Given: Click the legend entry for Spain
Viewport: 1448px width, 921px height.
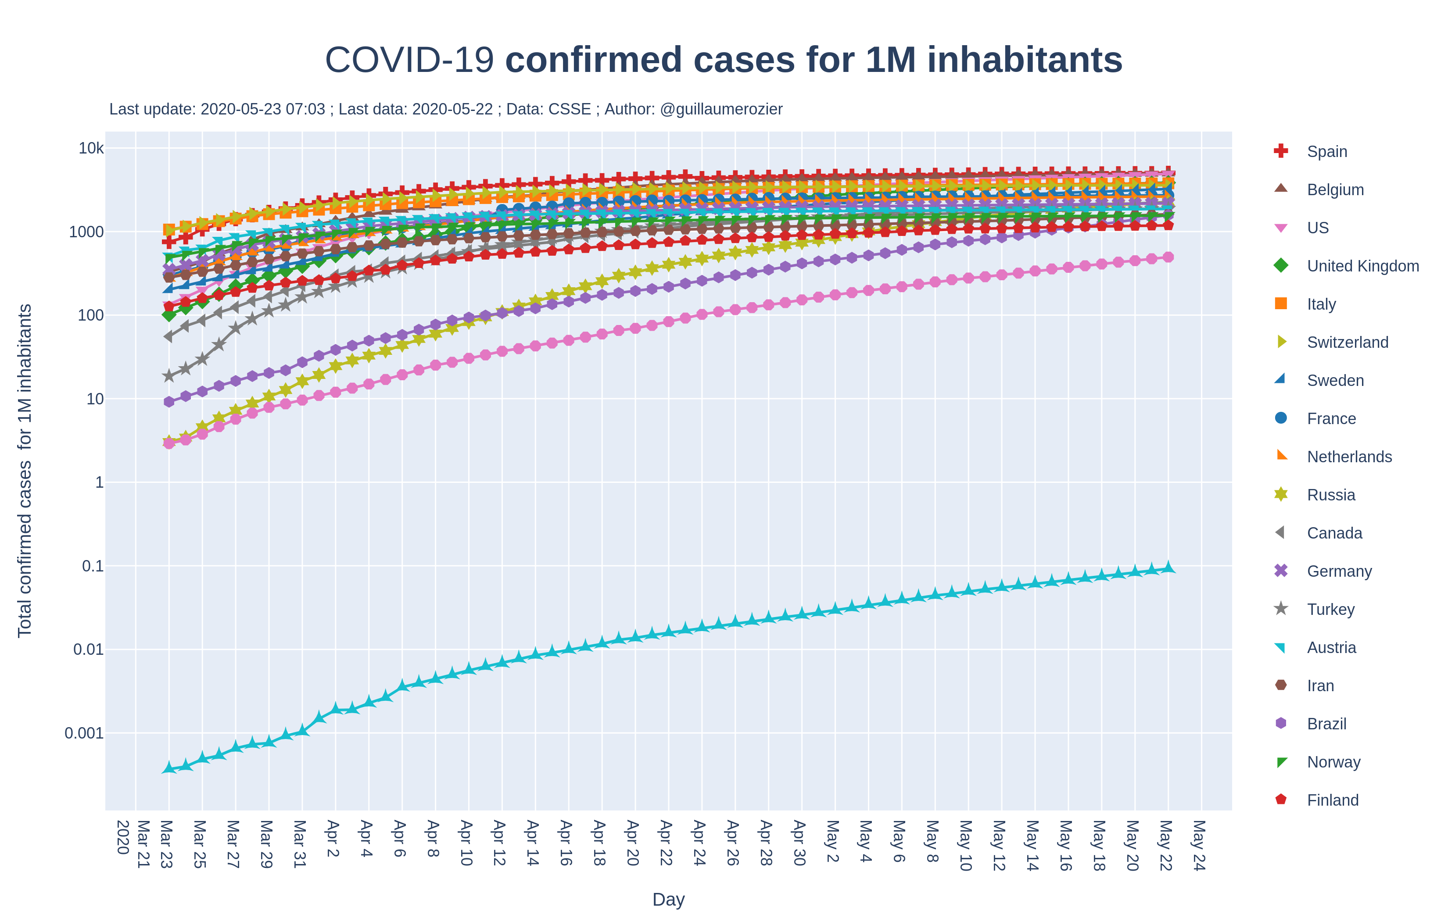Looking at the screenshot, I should coord(1326,151).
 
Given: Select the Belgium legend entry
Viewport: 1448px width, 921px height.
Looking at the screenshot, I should coord(1335,190).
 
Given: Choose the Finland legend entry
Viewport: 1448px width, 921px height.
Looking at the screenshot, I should coord(1333,800).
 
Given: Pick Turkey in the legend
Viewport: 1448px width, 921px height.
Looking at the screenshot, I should coord(1331,610).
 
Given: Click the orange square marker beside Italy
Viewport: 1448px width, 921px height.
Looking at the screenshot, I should coord(1281,303).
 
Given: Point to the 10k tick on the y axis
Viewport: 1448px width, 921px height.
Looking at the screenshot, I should coord(91,148).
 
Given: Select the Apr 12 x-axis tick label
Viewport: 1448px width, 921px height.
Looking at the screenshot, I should coord(499,843).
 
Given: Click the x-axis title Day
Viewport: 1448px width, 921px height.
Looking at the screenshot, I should coord(668,900).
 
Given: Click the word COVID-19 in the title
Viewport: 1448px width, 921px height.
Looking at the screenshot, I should coord(409,60).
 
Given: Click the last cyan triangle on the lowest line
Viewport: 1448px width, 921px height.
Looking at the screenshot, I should coord(1168,567).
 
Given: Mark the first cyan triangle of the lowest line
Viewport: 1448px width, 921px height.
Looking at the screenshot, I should coord(169,767).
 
